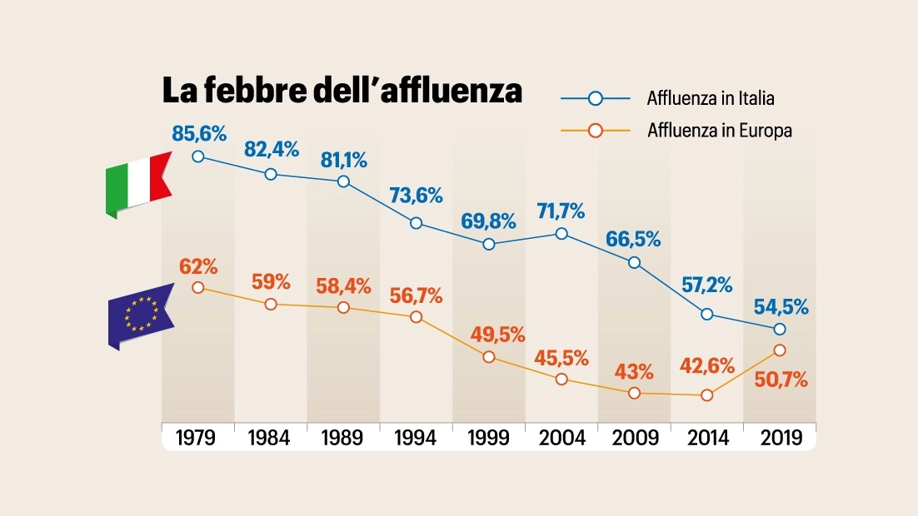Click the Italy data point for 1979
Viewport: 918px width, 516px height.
(x=198, y=156)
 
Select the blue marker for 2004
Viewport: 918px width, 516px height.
(x=561, y=234)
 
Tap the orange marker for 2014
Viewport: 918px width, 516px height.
(x=706, y=395)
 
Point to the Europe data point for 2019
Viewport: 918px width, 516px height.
(x=779, y=350)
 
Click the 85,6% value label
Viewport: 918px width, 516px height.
(x=199, y=134)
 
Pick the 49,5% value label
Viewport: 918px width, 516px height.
(x=497, y=335)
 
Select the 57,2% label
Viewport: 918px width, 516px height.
(x=706, y=285)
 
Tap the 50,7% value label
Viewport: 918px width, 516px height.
(x=781, y=380)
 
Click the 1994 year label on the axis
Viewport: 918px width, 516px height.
(x=415, y=438)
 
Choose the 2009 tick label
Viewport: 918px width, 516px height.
(x=636, y=438)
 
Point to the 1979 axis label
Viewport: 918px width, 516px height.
(x=196, y=438)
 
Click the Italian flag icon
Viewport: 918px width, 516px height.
(x=139, y=184)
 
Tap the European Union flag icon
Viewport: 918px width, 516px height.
(x=141, y=316)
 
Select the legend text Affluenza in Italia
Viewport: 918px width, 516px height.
(x=711, y=98)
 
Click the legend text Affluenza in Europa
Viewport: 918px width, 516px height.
(x=720, y=131)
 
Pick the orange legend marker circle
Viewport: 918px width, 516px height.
(x=596, y=131)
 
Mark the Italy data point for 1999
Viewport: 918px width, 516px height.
(x=489, y=244)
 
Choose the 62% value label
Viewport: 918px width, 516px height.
(x=198, y=267)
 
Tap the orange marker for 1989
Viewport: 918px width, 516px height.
(x=344, y=308)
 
